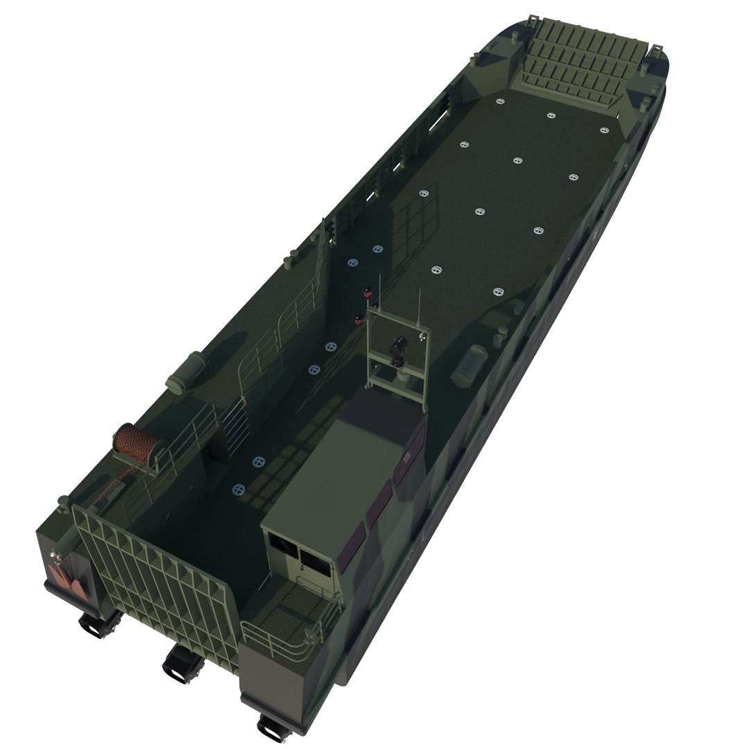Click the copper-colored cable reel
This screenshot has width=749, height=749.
pos(137,442)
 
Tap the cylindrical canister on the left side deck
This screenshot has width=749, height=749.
pos(185,372)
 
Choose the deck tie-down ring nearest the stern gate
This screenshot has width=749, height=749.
pos(239,489)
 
